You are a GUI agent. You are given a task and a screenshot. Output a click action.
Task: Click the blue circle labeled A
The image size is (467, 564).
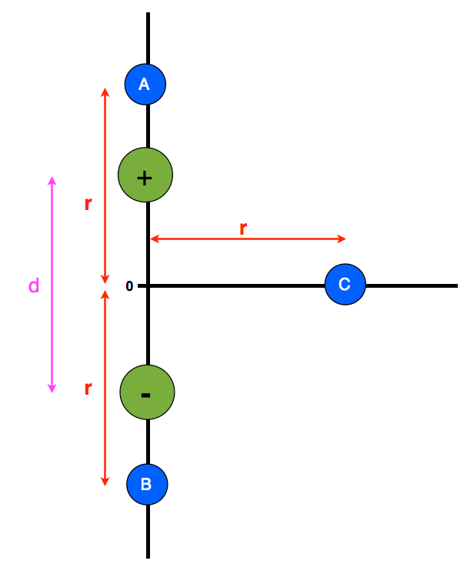tap(145, 85)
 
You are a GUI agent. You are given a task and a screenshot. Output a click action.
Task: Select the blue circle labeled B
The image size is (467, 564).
tap(147, 485)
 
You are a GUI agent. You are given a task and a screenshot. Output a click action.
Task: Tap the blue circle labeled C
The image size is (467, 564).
tap(345, 285)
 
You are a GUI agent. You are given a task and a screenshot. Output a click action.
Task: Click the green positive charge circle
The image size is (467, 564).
tap(145, 175)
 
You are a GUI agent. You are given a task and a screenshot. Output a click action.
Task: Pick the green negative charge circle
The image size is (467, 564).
tap(147, 392)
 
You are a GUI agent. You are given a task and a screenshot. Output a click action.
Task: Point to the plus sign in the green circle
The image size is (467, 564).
tap(145, 178)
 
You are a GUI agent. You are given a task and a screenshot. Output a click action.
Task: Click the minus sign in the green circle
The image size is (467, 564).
tap(145, 395)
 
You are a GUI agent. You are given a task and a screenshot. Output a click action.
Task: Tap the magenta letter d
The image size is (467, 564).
tap(33, 286)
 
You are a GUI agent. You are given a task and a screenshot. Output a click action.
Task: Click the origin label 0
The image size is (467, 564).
tap(129, 286)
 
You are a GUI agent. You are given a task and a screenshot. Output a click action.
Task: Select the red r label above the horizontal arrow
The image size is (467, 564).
tap(243, 229)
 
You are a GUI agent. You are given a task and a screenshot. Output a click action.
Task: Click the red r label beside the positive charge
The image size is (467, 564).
tap(88, 204)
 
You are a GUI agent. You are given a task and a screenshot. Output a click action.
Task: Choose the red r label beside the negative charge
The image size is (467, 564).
tap(88, 389)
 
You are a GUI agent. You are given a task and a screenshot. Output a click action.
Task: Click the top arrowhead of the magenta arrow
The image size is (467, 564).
tap(52, 180)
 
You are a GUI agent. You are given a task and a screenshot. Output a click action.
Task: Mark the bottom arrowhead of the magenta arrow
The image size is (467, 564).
tap(52, 389)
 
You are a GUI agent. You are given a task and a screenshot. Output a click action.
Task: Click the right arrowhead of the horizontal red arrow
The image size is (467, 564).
tap(342, 239)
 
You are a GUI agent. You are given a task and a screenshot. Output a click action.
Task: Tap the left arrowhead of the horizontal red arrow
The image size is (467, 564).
tap(155, 239)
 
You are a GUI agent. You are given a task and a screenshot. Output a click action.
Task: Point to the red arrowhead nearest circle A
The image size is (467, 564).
tap(105, 92)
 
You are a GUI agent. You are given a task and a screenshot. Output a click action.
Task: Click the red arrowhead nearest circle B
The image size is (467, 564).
tap(105, 482)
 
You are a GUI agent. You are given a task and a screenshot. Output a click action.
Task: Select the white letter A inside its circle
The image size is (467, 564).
tap(144, 84)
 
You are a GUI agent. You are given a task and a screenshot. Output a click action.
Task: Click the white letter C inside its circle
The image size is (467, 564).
tap(345, 284)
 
